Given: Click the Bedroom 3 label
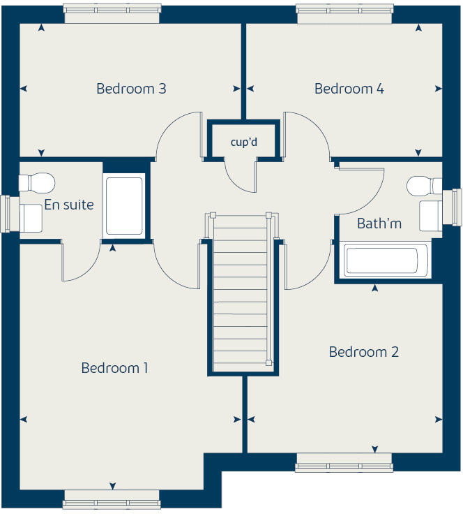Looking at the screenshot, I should click(x=131, y=89).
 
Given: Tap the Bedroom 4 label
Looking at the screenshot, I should click(x=349, y=89).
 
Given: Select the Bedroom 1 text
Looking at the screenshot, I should click(x=114, y=367).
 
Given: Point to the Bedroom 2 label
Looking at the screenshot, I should click(x=364, y=351).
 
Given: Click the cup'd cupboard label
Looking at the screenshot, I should click(x=244, y=142).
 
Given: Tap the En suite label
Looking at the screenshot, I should click(x=68, y=205).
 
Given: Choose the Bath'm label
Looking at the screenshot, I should click(x=379, y=223).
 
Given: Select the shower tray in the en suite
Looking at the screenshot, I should click(x=125, y=205).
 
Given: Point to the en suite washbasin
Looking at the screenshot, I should click(x=30, y=217).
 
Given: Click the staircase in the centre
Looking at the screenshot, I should click(x=240, y=293).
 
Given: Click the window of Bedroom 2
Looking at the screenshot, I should click(x=343, y=462).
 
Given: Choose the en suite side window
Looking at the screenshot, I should click(x=8, y=214).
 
